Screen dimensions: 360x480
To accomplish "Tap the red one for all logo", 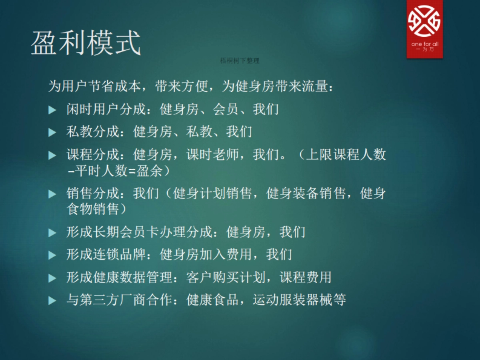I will (425, 29).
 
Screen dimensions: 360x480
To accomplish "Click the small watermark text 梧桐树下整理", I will (240, 61).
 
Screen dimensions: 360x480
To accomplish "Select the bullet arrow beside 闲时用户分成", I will (52, 110).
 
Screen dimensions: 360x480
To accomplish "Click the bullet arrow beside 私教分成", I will (52, 132).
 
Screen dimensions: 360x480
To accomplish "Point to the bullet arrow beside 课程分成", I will (52, 155).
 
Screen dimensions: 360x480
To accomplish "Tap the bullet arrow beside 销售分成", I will (52, 194).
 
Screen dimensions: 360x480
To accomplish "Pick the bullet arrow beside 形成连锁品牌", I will (52, 255).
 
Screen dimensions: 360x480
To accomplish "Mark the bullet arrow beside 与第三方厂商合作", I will (52, 300).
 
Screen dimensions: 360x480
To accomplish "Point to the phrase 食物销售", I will (93, 209).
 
